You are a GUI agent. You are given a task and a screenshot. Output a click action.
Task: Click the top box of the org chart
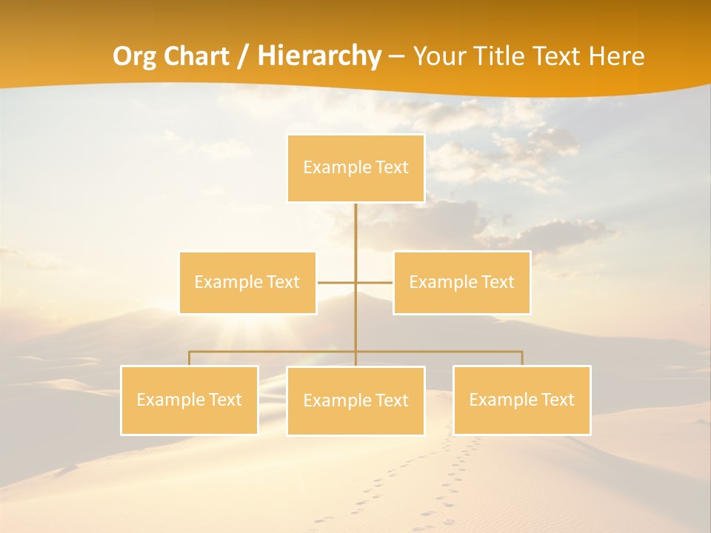tap(355, 168)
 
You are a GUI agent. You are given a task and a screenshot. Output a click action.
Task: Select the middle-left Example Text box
tap(247, 283)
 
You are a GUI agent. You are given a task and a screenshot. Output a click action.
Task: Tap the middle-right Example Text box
tap(461, 283)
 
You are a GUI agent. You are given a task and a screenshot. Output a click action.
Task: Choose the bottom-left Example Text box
tap(189, 400)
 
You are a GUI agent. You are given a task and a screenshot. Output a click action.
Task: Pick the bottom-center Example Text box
tap(355, 400)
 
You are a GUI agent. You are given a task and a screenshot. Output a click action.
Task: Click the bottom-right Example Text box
tap(521, 400)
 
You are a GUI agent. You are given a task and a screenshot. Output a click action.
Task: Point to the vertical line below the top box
tap(355, 229)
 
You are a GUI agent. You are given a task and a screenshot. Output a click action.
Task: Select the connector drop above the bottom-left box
tap(189, 358)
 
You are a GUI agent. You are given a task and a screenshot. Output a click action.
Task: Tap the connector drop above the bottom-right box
tap(521, 358)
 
